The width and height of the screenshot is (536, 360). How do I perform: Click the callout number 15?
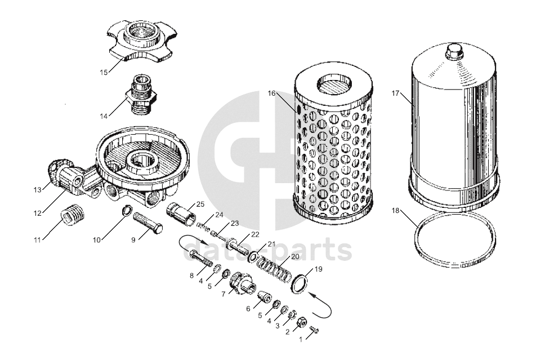click(x=104, y=72)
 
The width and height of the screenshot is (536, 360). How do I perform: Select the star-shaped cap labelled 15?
click(x=143, y=41)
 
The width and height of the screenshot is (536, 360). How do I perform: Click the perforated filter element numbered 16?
click(x=333, y=144)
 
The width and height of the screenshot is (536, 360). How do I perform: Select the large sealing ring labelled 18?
click(x=455, y=239)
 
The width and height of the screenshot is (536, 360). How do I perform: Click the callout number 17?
click(x=395, y=93)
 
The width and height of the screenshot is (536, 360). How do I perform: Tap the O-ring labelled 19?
click(x=300, y=284)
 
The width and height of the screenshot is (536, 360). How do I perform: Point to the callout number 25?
click(x=200, y=205)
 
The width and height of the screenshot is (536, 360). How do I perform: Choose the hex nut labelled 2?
click(x=301, y=322)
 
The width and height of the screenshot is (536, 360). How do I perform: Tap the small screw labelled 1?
click(x=315, y=330)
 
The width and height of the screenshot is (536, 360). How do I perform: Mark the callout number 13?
click(x=37, y=190)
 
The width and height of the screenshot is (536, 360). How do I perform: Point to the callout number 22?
click(x=255, y=234)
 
